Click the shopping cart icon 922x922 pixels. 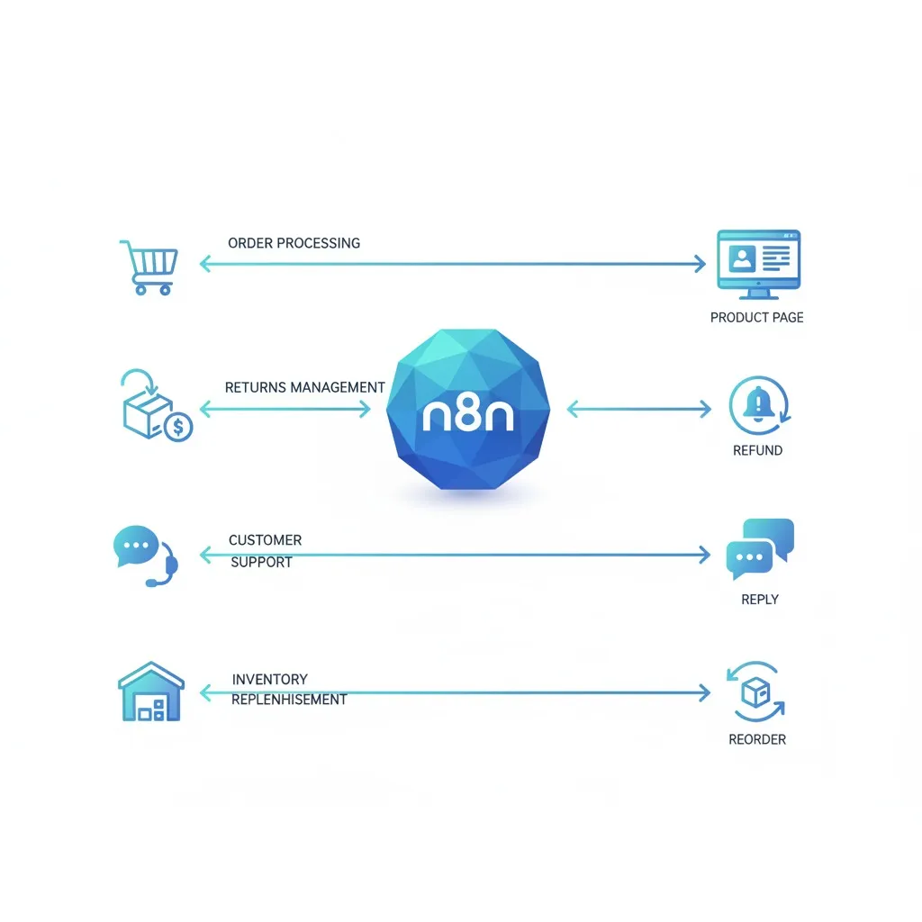coord(149,267)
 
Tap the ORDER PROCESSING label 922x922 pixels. coord(294,243)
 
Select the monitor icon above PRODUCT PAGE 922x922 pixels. coord(758,265)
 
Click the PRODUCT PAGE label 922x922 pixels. coord(756,318)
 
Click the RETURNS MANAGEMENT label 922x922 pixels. coord(304,387)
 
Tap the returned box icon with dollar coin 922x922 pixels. coord(157,406)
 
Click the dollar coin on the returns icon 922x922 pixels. coord(178,426)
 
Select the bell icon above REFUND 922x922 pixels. coord(759,406)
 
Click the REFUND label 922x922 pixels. coord(757,450)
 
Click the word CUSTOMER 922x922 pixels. coord(266,540)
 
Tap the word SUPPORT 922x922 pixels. coord(262,562)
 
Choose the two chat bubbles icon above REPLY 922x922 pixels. coord(760,548)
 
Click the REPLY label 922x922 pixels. coord(760,599)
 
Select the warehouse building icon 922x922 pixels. coord(151,691)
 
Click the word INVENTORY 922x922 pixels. coord(270,679)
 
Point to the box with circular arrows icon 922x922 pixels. coord(756,691)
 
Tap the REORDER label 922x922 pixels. coord(757,739)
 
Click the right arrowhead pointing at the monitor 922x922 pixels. coord(700,264)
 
